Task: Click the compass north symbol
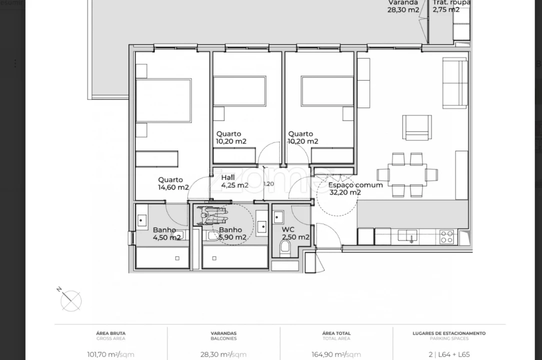pos(70,300)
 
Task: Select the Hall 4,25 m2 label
pos(234,181)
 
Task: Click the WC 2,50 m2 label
pos(295,233)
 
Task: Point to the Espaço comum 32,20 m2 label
pos(355,188)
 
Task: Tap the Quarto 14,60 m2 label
pos(173,183)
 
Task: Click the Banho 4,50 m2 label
pos(166,234)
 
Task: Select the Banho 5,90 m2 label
pos(232,234)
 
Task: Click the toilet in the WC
pos(285,247)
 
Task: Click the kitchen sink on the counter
pos(411,235)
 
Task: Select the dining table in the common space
pos(407,174)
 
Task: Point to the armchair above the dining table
pos(417,127)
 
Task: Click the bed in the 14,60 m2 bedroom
pos(163,100)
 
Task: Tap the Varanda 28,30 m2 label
pos(404,6)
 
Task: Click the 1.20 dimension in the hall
pos(269,183)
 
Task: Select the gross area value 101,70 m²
pos(110,354)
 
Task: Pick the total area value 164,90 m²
pos(336,354)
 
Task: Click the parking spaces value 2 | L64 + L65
pos(449,354)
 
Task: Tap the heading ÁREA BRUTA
pos(110,333)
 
